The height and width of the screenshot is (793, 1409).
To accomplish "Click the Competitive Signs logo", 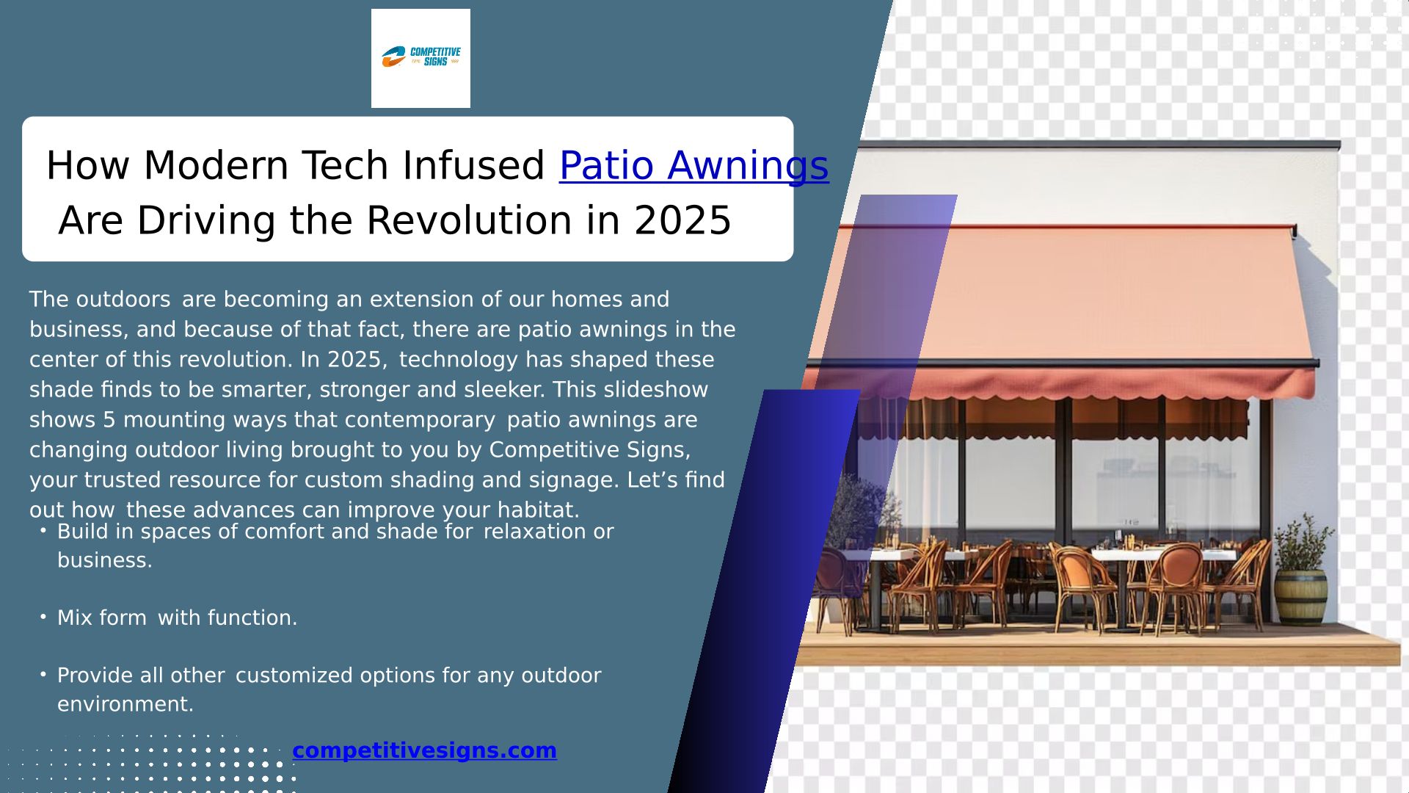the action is [x=420, y=57].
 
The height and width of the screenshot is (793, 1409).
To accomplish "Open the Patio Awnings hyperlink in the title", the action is [x=693, y=166].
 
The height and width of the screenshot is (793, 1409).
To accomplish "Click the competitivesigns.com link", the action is [x=424, y=750].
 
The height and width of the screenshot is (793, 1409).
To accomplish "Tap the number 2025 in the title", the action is [x=682, y=220].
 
